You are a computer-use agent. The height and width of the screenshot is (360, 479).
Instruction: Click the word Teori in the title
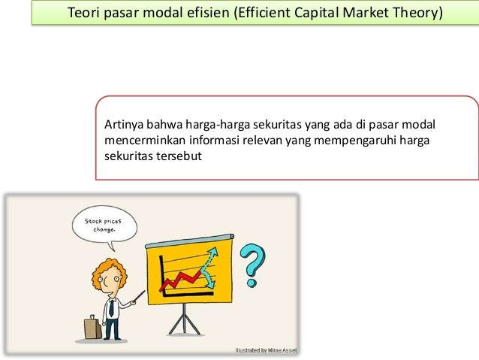tap(84, 14)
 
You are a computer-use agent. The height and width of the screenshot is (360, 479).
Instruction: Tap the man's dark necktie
tap(111, 306)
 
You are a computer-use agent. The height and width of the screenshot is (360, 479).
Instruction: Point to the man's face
tap(110, 280)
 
